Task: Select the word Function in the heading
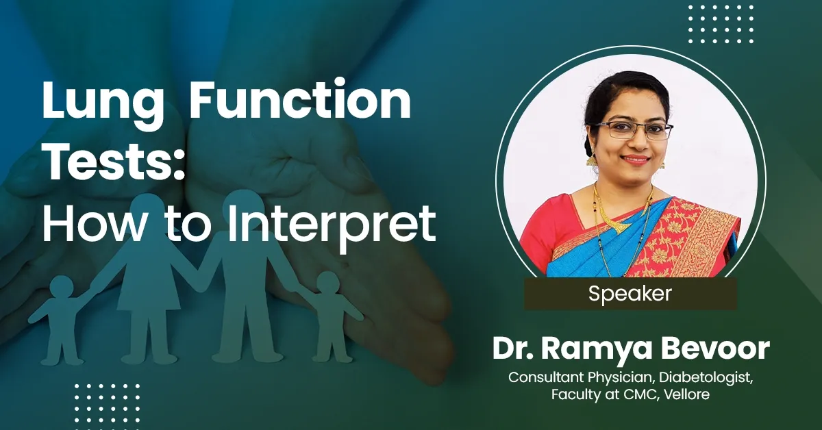[300, 103]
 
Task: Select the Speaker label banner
[630, 294]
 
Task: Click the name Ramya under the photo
[605, 349]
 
